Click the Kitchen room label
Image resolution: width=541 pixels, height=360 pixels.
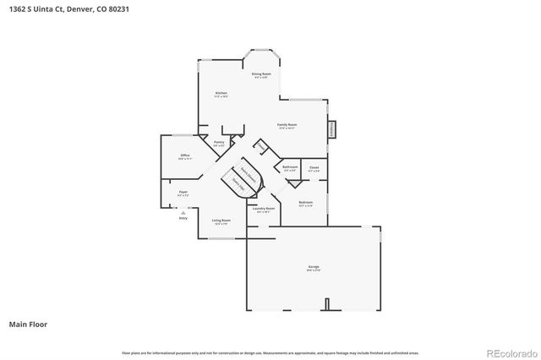point(221,93)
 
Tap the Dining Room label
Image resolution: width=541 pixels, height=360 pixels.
point(262,74)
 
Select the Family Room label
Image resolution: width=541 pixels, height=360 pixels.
point(287,125)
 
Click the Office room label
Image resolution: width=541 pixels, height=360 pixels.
point(184,155)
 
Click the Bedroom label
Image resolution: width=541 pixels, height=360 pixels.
point(306,202)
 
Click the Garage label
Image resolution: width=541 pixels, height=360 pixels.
point(314,267)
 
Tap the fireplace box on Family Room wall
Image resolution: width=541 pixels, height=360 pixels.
point(332,128)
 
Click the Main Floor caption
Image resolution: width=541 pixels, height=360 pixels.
point(27,324)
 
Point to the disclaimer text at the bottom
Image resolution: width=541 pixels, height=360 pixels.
point(270,352)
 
